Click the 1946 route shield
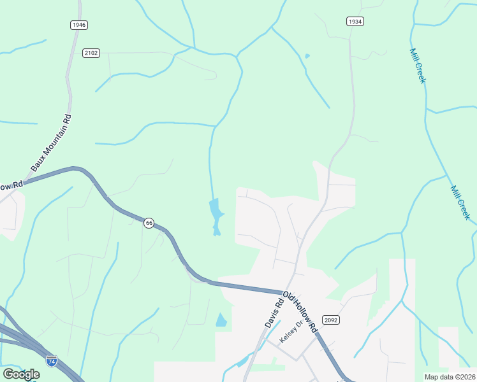(78, 25)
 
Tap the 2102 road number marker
(91, 53)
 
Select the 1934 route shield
(355, 22)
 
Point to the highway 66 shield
(149, 223)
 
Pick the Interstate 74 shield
(52, 361)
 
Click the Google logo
(21, 374)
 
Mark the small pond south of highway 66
(221, 320)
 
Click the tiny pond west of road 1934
(307, 56)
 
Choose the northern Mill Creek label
(418, 66)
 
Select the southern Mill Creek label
(460, 203)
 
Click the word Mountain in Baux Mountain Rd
(52, 143)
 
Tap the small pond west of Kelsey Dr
(242, 362)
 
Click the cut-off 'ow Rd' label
(11, 185)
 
